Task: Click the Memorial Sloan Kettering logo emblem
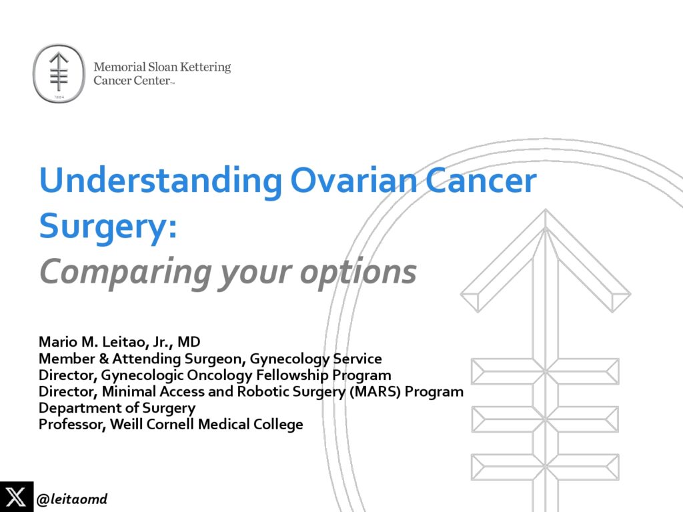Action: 60,73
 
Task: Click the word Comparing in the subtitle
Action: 125,272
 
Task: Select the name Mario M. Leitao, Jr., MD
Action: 119,343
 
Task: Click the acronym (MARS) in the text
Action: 376,392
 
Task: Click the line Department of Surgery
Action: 117,408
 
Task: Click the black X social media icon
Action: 16,497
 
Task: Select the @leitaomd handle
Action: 72,499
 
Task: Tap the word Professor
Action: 69,425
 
